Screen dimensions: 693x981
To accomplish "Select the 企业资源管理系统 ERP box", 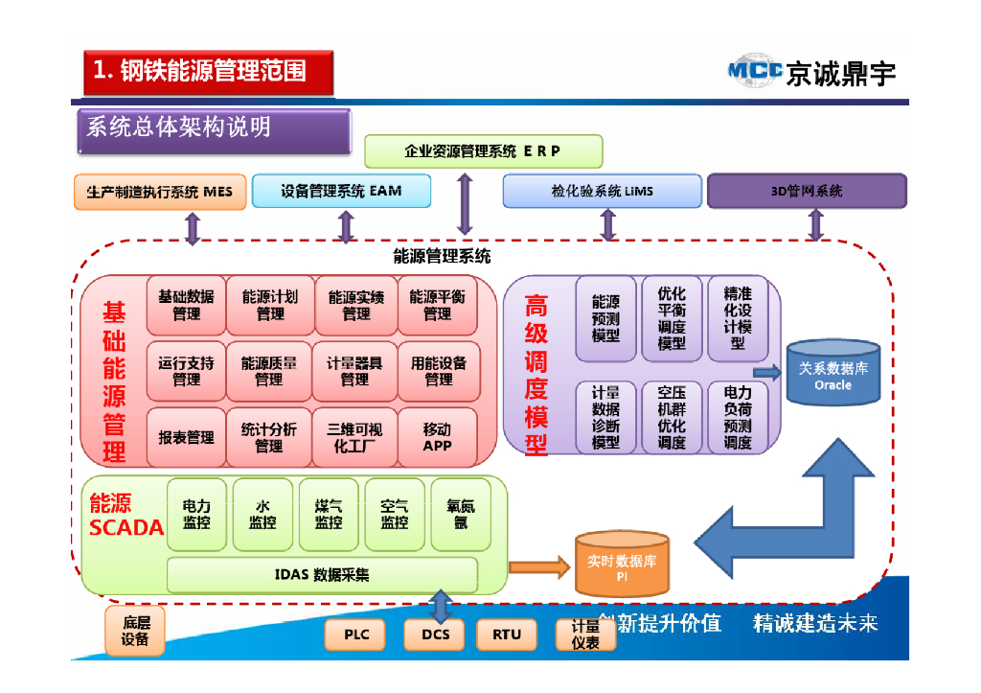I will [483, 151].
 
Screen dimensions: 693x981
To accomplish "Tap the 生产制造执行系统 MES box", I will [160, 191].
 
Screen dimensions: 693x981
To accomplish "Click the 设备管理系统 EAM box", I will [341, 191].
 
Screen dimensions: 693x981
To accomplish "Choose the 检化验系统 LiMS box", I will [602, 191].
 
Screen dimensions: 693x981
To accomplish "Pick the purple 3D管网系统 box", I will [806, 191].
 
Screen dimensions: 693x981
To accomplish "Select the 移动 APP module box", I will [437, 436].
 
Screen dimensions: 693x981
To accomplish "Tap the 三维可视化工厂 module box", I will [354, 436].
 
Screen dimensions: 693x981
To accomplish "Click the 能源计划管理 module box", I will [269, 305].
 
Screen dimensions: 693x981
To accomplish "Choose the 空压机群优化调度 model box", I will [671, 417].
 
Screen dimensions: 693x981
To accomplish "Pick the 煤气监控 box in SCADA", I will [329, 514].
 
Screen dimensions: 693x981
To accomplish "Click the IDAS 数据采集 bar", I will [322, 575].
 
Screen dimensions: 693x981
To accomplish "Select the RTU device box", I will [506, 634].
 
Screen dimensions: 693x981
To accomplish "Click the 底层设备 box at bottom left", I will [135, 630].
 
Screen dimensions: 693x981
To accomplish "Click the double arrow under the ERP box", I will [465, 203].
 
